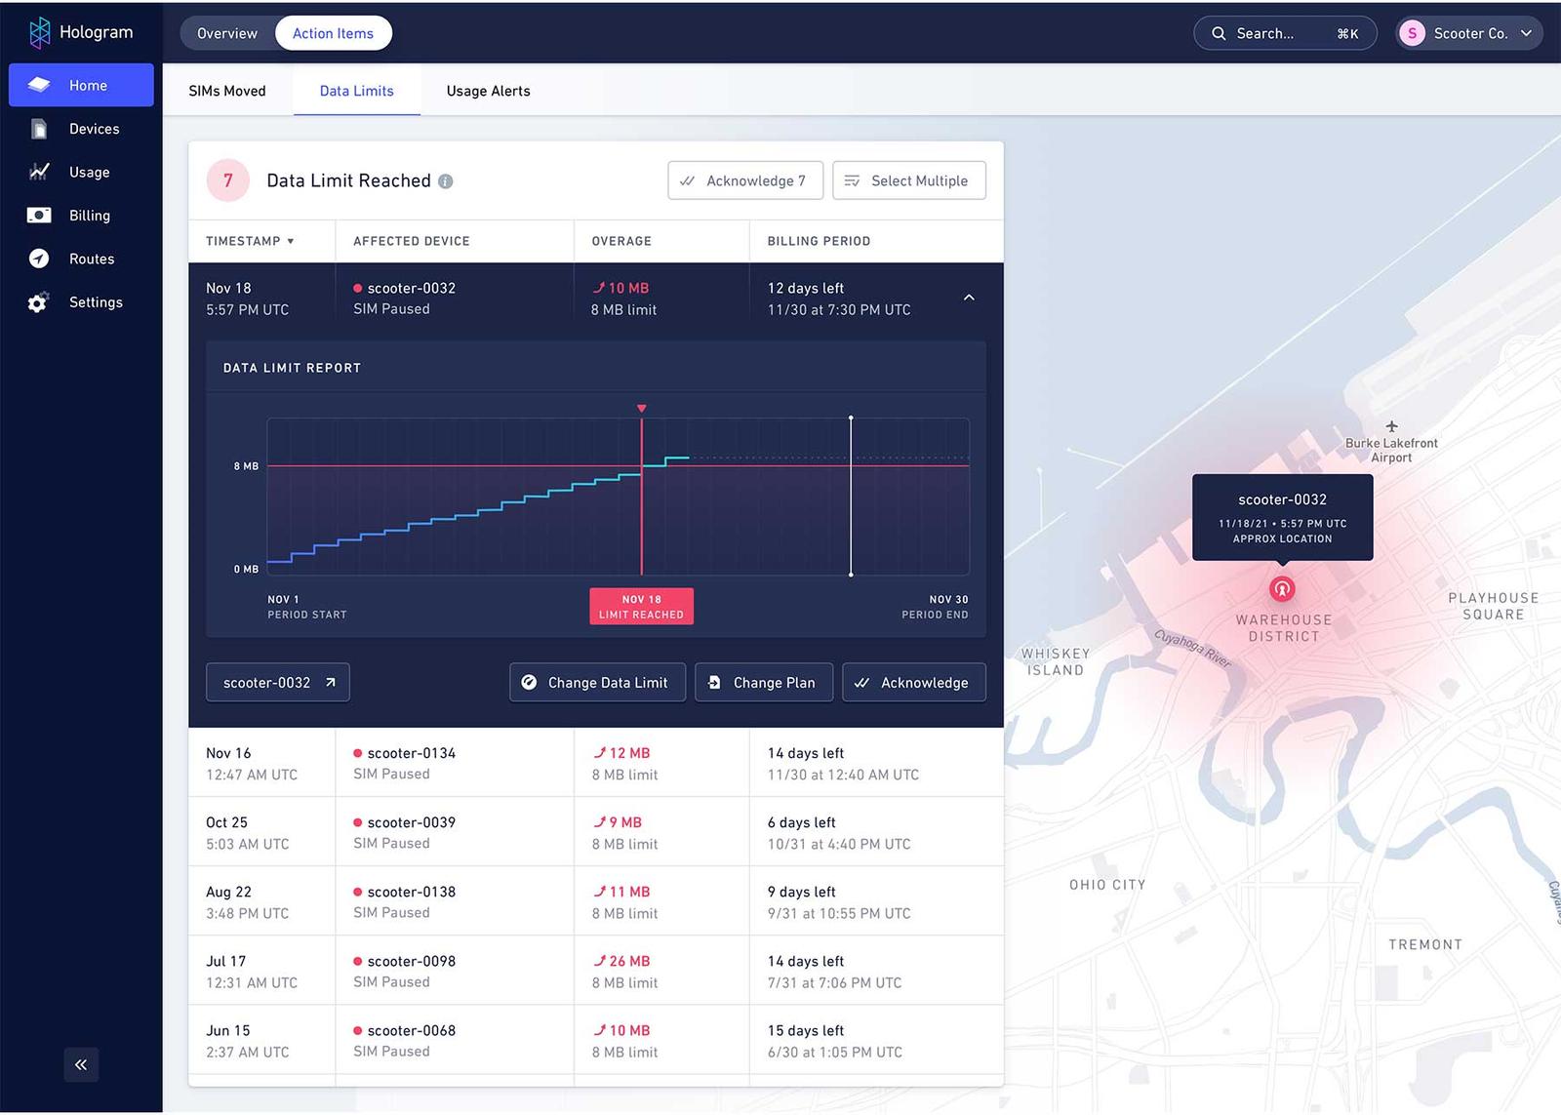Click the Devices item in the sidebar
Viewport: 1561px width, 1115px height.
[x=93, y=129]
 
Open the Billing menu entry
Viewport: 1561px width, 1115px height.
[x=89, y=216]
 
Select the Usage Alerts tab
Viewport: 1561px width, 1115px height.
[x=488, y=91]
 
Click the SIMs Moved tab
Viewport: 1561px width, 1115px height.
[x=226, y=91]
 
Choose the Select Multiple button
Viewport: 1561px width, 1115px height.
[x=908, y=180]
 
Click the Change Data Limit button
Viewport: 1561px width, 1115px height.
[x=597, y=683]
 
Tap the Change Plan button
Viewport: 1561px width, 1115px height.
[x=763, y=683]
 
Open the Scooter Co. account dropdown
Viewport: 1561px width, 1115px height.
[x=1468, y=33]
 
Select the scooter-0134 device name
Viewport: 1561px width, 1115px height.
[x=411, y=753]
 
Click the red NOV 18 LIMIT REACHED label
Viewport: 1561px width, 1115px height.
[x=641, y=607]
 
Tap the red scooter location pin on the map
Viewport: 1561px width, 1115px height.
[x=1282, y=588]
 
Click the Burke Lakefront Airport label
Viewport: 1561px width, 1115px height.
[x=1391, y=450]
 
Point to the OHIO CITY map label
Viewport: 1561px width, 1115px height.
[x=1107, y=885]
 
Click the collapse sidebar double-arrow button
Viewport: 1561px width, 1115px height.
[x=81, y=1064]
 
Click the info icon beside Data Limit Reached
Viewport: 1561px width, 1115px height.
[x=446, y=181]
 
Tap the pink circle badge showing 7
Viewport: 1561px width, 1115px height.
[x=228, y=180]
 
